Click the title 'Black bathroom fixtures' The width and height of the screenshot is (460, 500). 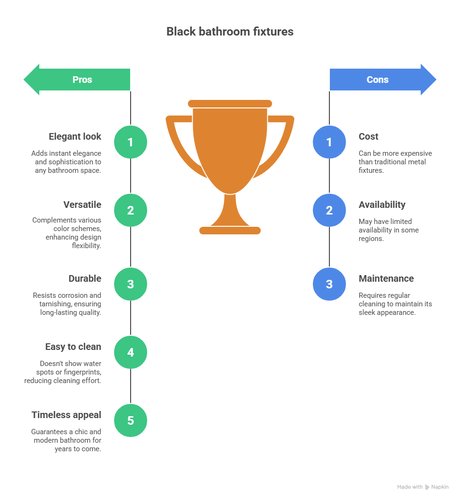coord(230,32)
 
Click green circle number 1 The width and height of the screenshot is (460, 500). coord(131,142)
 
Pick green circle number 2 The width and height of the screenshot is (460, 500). coord(131,210)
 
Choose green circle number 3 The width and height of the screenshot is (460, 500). coord(131,284)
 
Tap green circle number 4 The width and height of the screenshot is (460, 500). coord(131,352)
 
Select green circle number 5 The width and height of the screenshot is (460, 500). coord(131,420)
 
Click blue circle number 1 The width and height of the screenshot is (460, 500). coord(329,142)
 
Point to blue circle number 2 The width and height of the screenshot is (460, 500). coord(329,210)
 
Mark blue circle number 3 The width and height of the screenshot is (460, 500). coord(329,284)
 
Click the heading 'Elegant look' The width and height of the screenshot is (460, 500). coord(75,136)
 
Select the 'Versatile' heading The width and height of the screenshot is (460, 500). coord(82,205)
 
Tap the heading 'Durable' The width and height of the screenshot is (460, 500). coord(84,278)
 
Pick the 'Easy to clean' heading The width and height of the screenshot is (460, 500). coord(73,347)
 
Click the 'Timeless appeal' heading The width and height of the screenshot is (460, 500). coord(66,415)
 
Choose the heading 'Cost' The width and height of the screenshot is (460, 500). coord(368,136)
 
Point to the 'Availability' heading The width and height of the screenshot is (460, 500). coord(381,205)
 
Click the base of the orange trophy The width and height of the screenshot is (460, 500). coord(230,231)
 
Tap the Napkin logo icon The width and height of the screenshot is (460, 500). coord(427,487)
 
